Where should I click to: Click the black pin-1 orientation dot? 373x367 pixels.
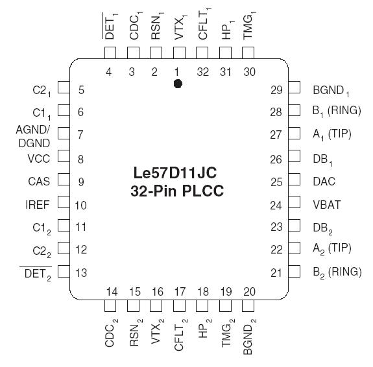pyautogui.click(x=178, y=84)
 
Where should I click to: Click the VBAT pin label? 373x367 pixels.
pyautogui.click(x=326, y=204)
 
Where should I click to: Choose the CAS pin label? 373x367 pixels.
pyautogui.click(x=40, y=182)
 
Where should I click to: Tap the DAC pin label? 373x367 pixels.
pyautogui.click(x=324, y=182)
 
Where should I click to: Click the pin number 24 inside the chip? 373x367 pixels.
pyautogui.click(x=276, y=205)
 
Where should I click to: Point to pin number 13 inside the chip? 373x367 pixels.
pyautogui.click(x=81, y=272)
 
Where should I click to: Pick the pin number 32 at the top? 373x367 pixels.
pyautogui.click(x=202, y=72)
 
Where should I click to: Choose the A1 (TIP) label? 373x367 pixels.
pyautogui.click(x=331, y=135)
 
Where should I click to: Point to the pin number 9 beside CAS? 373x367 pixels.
pyautogui.click(x=81, y=182)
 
